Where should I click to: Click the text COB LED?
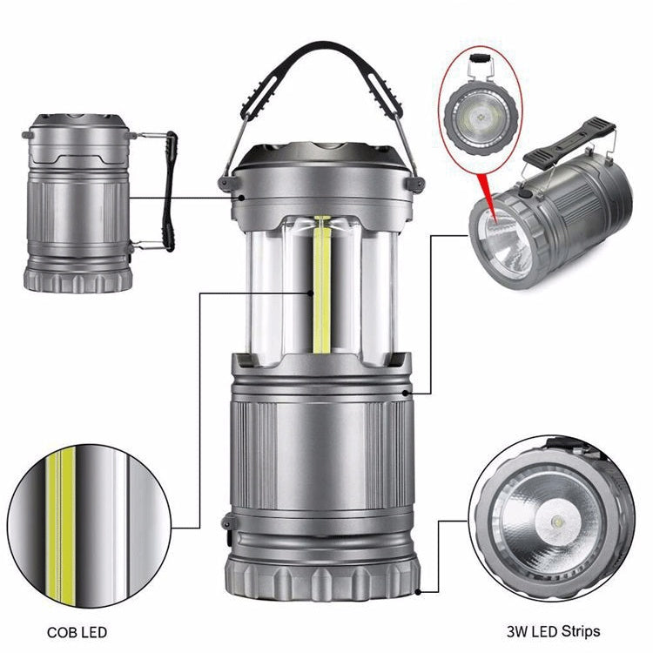[x=77, y=632]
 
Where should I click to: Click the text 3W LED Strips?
[x=554, y=631]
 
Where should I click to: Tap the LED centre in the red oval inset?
[x=482, y=117]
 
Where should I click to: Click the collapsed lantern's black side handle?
[x=169, y=192]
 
